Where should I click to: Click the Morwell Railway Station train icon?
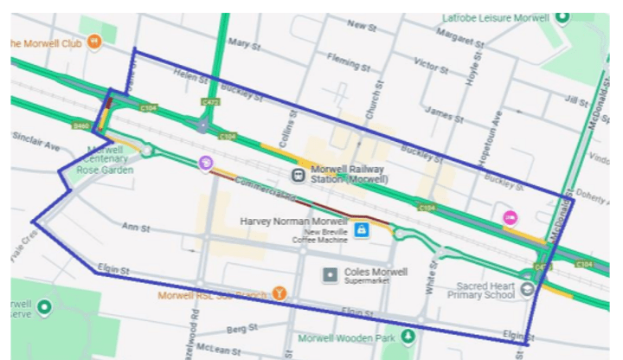tap(298, 175)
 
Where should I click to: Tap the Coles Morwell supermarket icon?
tap(329, 275)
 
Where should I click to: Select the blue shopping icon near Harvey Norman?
tap(362, 229)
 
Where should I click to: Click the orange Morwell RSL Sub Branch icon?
tap(279, 294)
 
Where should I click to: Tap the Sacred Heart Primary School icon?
tap(527, 289)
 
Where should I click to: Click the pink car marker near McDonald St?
tap(511, 218)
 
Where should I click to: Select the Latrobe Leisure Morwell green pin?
tap(562, 16)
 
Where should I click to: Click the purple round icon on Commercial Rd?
tap(205, 163)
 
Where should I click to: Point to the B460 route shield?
tap(82, 125)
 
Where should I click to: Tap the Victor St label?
tap(430, 65)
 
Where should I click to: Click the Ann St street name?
tap(136, 228)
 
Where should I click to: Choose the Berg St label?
tap(237, 330)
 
